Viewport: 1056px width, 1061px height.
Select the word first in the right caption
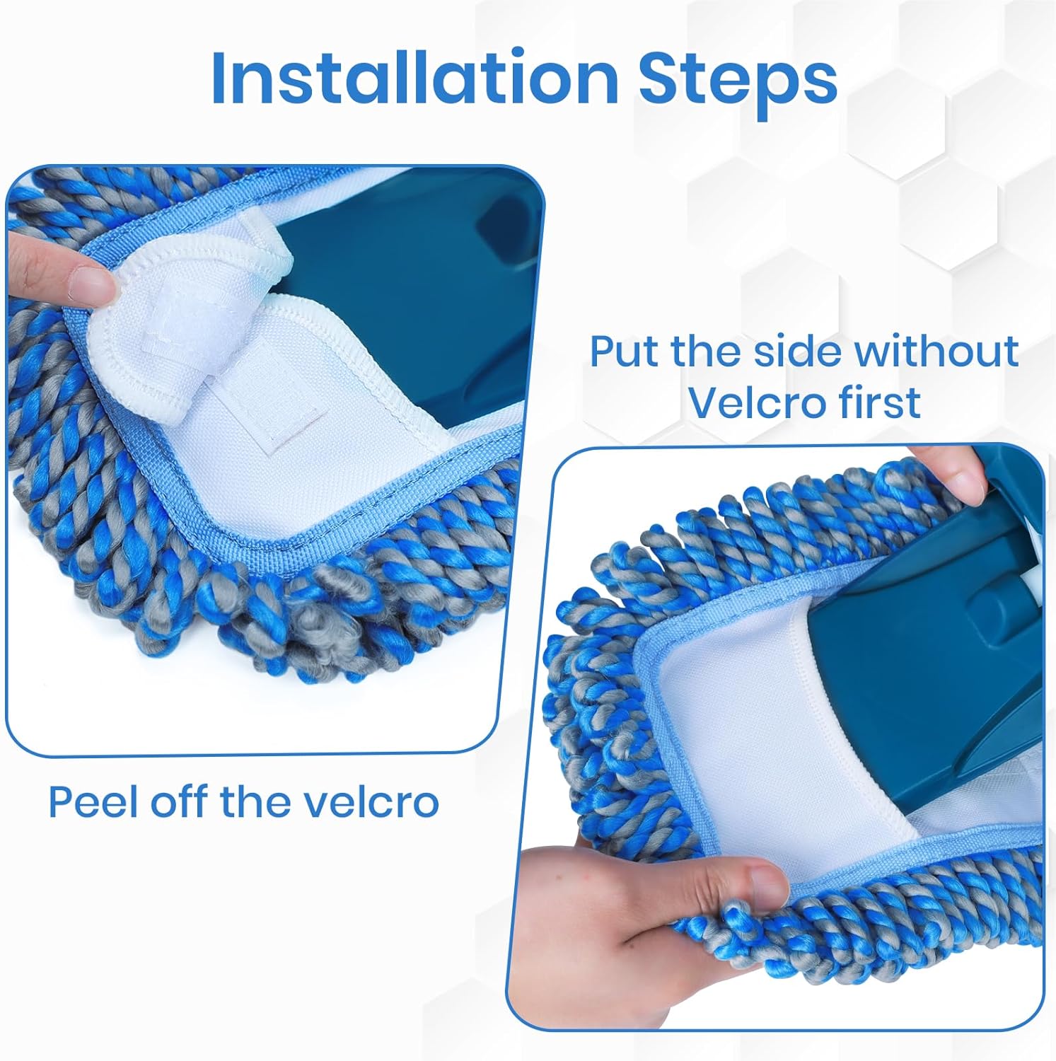pyautogui.click(x=876, y=402)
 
